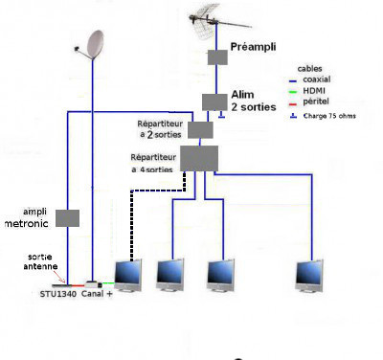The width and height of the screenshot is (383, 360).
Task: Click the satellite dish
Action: coord(92,45)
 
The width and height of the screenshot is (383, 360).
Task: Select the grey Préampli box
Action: coord(217,57)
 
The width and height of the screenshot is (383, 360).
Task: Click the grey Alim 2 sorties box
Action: coord(214,102)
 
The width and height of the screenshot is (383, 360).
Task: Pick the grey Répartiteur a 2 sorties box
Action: coord(200,130)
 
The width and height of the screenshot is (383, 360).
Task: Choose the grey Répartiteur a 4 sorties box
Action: coord(199,158)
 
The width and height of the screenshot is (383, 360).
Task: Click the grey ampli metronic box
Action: coord(67,218)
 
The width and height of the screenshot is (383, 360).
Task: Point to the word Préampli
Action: coord(253,47)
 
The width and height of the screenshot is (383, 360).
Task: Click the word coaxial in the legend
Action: coord(317,79)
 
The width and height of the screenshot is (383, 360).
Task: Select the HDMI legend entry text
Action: coord(314,91)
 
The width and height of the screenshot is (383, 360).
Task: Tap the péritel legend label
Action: coord(316,101)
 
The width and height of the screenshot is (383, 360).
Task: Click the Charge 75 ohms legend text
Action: coord(329,116)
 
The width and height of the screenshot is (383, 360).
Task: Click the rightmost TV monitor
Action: coord(309,276)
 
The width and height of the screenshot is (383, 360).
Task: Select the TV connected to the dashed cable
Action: coord(128,276)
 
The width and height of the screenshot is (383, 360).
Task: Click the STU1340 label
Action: coord(58,294)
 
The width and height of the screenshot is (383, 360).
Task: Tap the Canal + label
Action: coord(97,294)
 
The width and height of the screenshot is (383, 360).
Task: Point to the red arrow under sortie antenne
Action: coord(59,277)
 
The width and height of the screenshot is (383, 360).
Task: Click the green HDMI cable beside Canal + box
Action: coord(108,283)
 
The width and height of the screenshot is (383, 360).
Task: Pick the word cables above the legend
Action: coord(309,69)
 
